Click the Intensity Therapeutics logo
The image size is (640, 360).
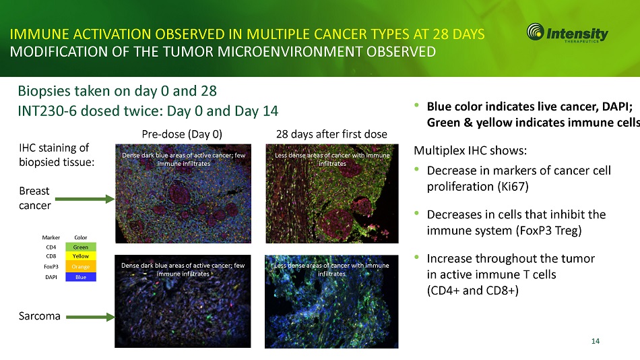(x=567, y=32)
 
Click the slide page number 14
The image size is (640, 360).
(x=596, y=341)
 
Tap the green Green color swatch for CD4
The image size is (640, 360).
(x=81, y=247)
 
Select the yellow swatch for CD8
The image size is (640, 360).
(x=81, y=256)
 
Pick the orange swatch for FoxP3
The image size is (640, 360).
(x=81, y=266)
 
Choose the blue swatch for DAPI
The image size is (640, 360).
(x=81, y=277)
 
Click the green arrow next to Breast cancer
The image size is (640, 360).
(x=84, y=199)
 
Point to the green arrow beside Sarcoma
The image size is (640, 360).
(x=90, y=317)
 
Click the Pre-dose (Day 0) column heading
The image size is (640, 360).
(x=182, y=134)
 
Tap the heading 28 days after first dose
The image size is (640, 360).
(x=331, y=134)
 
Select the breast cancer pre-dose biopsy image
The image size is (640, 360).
(x=183, y=193)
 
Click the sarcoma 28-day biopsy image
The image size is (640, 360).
(x=331, y=301)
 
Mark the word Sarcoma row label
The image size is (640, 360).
(x=40, y=316)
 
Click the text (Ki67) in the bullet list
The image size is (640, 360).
(x=513, y=187)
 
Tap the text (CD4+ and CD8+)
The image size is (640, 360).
(x=473, y=291)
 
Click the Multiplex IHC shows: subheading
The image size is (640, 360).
(x=470, y=150)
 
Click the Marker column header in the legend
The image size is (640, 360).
(x=51, y=237)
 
